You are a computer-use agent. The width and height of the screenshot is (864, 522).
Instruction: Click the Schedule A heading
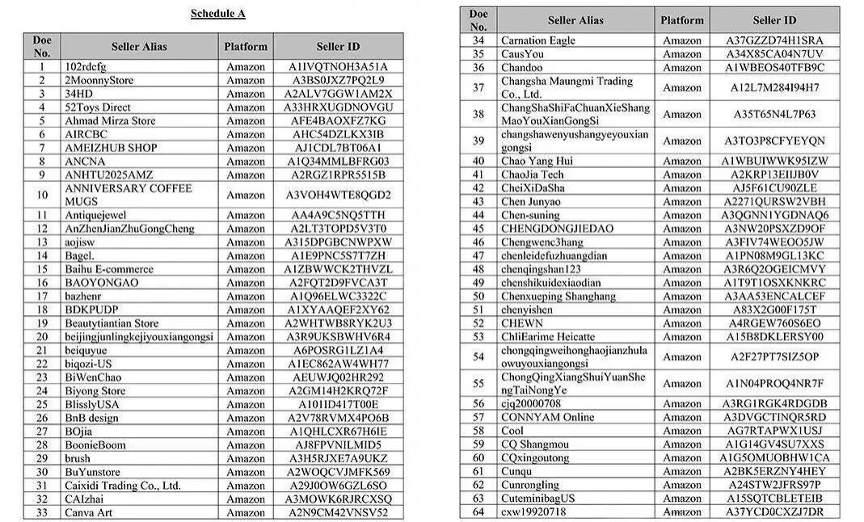(217, 13)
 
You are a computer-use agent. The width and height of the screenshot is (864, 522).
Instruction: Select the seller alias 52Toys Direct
(98, 107)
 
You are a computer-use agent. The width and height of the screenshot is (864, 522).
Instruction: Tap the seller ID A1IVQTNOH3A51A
(338, 67)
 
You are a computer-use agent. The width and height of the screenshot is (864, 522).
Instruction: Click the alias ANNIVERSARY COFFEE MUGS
(129, 194)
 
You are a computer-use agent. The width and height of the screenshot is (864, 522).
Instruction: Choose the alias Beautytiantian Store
(112, 323)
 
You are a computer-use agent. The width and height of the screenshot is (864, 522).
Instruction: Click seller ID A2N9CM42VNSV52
(338, 512)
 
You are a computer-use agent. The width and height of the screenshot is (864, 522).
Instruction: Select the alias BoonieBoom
(95, 445)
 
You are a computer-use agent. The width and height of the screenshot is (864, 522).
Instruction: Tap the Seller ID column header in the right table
(773, 20)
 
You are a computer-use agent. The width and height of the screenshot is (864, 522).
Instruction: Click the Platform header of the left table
(245, 46)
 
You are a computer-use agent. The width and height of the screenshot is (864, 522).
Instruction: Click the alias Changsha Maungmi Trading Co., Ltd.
(567, 87)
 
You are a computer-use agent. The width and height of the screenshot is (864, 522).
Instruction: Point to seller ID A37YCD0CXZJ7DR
(773, 511)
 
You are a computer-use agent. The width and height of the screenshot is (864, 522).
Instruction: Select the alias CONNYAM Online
(547, 417)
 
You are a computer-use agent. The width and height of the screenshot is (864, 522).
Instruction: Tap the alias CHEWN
(522, 323)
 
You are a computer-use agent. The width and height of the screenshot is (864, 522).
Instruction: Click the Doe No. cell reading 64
(478, 511)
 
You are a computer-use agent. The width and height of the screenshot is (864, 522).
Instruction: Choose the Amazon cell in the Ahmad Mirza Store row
(245, 121)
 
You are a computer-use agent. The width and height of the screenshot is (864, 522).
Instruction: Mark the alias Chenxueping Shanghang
(558, 296)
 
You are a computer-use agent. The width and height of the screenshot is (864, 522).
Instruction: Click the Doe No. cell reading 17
(42, 297)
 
